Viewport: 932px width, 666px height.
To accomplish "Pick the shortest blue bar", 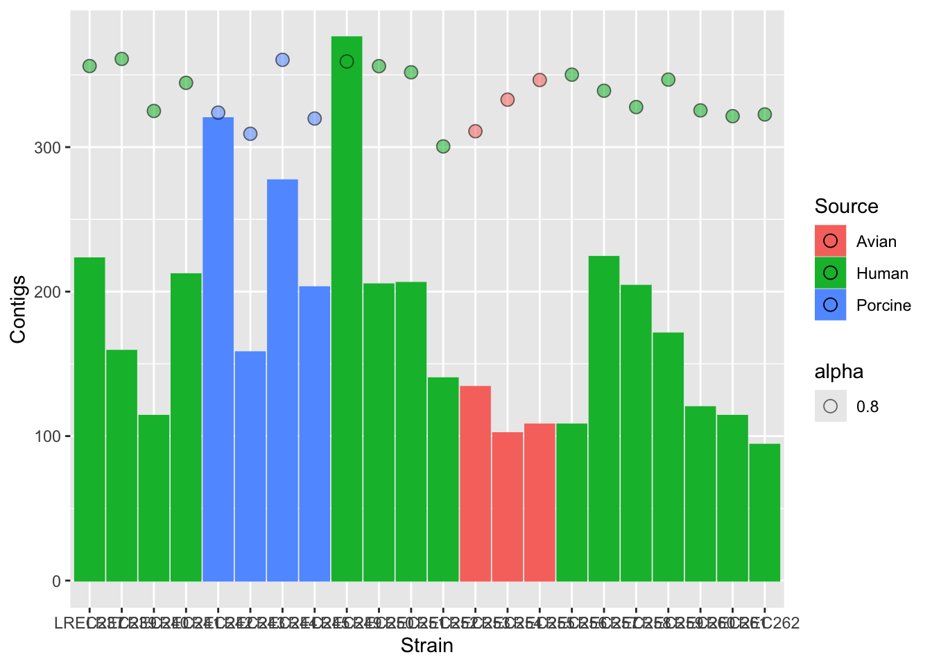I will [250, 466].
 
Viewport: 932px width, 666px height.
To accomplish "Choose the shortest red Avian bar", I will [508, 506].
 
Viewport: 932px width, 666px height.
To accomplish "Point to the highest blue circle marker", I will [282, 60].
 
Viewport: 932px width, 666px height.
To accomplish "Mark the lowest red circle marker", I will [475, 131].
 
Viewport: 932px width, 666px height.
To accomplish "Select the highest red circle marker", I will [540, 80].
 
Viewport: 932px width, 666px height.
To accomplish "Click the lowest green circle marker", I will [443, 146].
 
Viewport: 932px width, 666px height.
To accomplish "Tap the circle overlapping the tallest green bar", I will [347, 62].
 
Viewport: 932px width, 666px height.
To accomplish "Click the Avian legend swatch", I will [830, 241].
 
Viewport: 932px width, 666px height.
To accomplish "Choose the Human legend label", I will [882, 273].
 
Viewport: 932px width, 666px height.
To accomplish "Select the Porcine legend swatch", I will [830, 305].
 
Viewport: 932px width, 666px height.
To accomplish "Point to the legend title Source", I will [846, 207].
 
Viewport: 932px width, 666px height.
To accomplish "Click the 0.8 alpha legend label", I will [868, 407].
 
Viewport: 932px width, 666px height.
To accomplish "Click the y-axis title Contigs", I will [19, 309].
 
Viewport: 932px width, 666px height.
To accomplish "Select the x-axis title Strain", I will [427, 646].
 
